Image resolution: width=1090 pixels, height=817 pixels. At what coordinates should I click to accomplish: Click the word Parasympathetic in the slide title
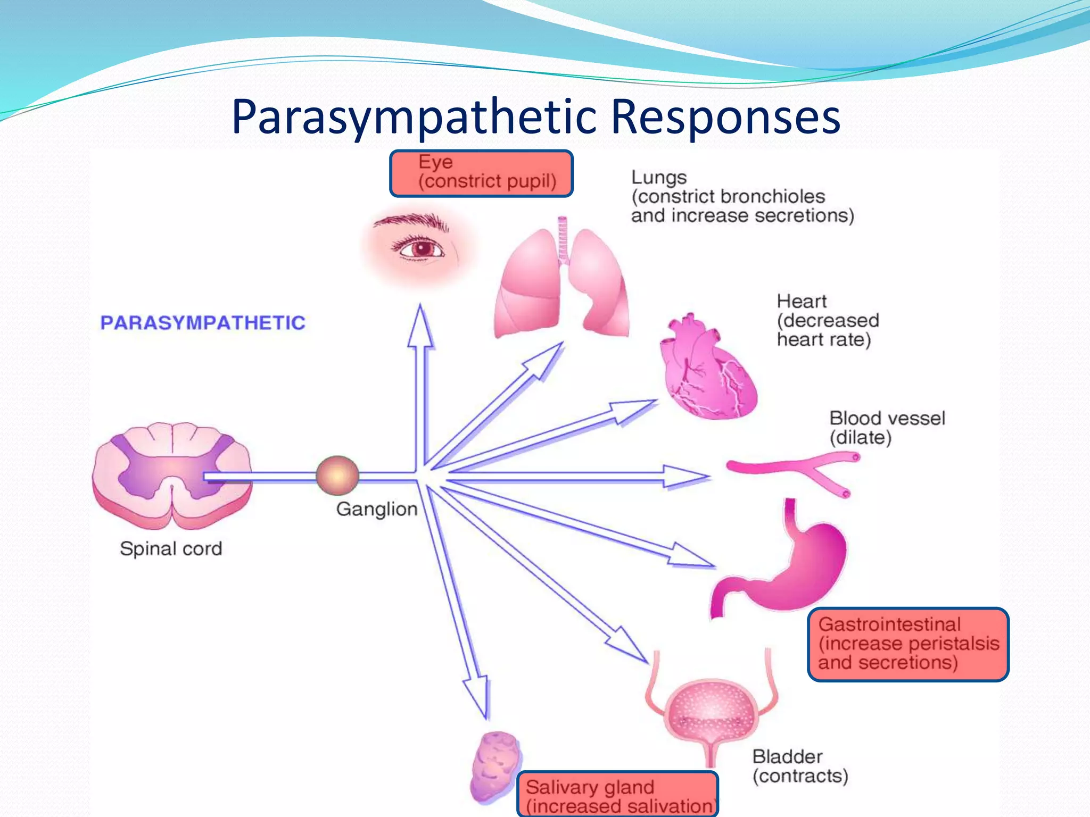[414, 117]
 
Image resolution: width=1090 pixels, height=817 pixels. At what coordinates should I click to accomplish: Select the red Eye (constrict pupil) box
[481, 173]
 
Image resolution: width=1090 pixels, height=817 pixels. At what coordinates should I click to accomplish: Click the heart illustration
[708, 367]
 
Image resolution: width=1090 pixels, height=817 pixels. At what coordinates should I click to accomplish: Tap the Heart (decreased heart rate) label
[828, 321]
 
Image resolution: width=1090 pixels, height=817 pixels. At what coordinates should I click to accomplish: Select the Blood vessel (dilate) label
[887, 428]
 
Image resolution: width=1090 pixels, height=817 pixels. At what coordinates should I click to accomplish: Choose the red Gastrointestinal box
[908, 644]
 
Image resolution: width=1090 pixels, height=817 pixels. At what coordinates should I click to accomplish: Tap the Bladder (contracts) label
[799, 766]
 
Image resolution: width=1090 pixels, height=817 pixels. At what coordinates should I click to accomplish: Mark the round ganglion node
[337, 476]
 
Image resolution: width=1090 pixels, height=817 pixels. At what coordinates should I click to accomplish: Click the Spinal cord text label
[171, 548]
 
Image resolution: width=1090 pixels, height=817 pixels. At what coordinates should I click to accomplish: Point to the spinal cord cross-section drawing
[171, 473]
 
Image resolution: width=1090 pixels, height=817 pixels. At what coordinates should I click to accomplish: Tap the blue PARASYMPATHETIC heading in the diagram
[203, 323]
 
